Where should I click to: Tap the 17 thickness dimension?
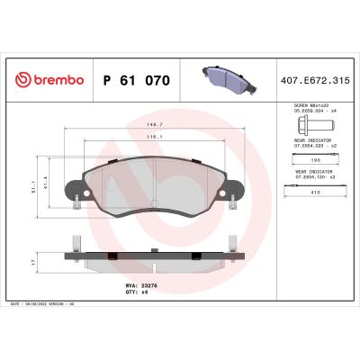pos(34,263)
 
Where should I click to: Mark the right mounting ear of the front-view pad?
pos(237,192)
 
